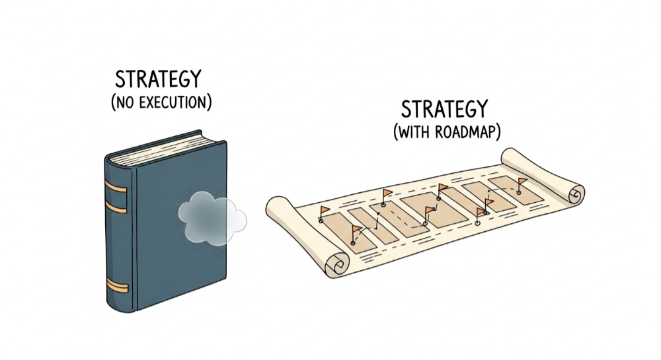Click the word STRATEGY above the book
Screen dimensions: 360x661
(157, 79)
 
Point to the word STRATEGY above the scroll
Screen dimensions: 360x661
(444, 109)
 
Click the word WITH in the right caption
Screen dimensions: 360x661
(415, 132)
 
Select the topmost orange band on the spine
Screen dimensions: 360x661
(115, 188)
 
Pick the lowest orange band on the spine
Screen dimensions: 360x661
(117, 285)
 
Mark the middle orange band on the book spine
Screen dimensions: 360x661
(116, 207)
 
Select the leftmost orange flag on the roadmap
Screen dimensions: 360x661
(325, 210)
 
